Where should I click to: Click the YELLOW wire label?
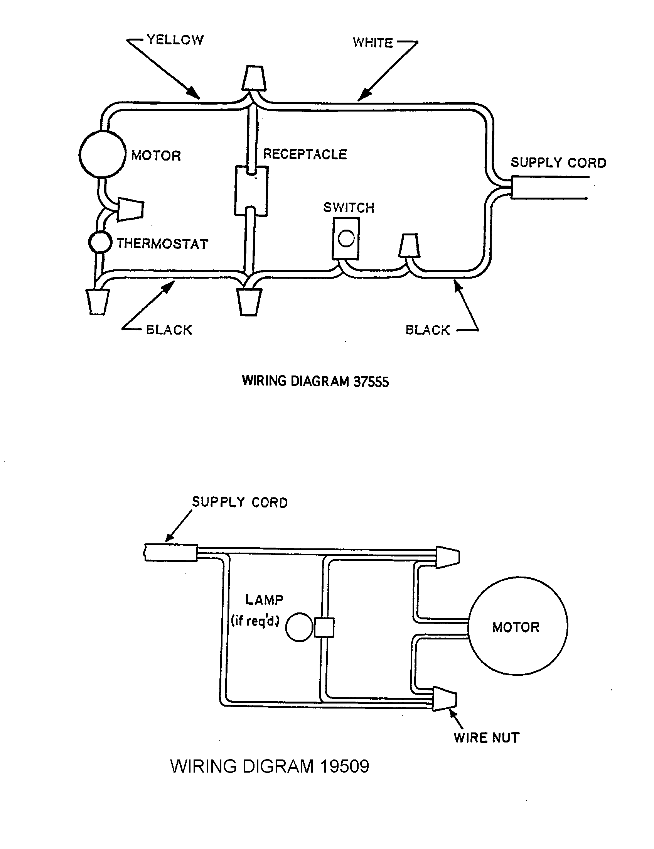coord(175,40)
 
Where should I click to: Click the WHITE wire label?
coord(373,42)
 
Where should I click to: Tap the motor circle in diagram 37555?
coord(103,154)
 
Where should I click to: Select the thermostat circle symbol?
coord(100,243)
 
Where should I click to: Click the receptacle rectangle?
coord(251,191)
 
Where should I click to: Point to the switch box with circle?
coord(346,238)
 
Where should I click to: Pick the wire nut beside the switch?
coord(410,246)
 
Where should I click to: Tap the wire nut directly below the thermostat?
coord(97,302)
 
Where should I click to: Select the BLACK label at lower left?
coord(169,330)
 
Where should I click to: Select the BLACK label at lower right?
coord(428,330)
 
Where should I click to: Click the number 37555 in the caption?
coord(371,382)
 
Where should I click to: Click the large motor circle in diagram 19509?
coord(517,627)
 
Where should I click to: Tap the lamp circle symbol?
coord(299,627)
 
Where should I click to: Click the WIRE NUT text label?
coord(486,737)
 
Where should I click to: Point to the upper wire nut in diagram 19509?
coord(448,557)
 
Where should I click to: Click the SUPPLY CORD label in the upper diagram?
coord(558,162)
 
